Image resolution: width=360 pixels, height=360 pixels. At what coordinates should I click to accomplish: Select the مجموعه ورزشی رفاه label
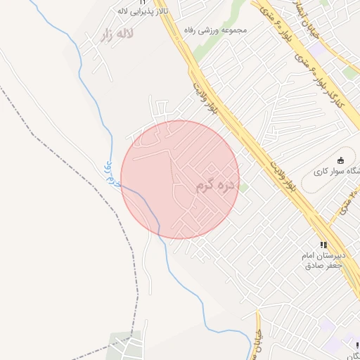208,31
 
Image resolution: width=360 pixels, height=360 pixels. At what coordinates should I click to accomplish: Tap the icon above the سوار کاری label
341,160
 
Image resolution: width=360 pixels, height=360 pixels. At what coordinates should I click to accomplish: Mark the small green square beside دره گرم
245,186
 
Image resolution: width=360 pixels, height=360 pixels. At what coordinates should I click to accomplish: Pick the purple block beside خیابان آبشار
319,51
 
